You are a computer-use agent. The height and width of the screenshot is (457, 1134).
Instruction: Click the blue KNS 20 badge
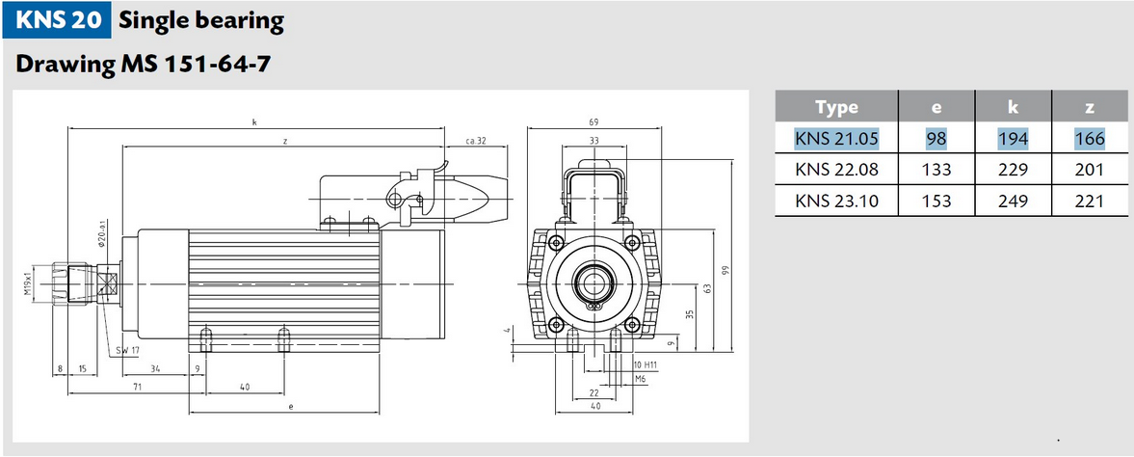point(56,19)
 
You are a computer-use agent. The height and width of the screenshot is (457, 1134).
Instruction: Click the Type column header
point(836,107)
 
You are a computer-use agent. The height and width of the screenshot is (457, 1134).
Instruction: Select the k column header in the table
point(1014,107)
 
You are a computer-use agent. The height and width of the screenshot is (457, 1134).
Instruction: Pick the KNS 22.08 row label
point(836,170)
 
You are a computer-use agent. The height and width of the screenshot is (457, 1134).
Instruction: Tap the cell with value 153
point(936,201)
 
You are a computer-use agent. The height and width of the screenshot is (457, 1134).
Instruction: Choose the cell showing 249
point(1014,201)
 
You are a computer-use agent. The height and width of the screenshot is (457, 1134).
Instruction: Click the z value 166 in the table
point(1089,138)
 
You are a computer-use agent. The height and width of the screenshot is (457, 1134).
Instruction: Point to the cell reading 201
point(1089,170)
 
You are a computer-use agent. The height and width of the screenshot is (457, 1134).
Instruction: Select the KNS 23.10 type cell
point(836,201)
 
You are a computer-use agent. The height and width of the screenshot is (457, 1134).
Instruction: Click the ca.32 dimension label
point(475,141)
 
